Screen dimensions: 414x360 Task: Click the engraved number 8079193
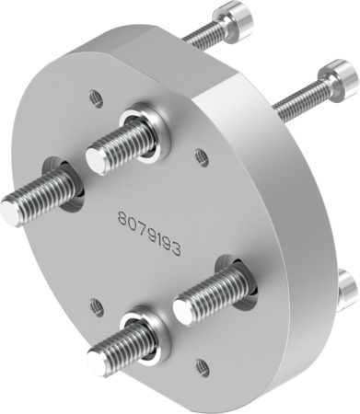pos(149,221)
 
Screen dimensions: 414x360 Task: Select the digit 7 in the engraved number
pos(142,220)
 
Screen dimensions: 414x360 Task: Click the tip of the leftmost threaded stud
pos(10,212)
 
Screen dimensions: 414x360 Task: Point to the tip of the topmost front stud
pos(95,159)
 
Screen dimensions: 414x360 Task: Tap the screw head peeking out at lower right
pos(347,290)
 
